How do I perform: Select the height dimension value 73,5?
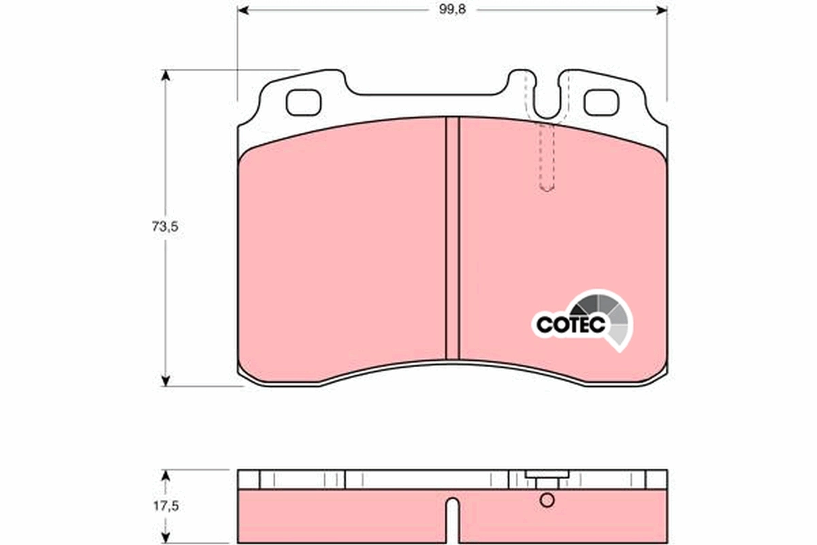point(164,228)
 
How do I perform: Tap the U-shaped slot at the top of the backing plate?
point(546,102)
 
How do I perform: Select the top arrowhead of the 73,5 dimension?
point(165,74)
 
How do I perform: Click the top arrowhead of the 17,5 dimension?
point(165,473)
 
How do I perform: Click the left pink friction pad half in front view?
point(344,252)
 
